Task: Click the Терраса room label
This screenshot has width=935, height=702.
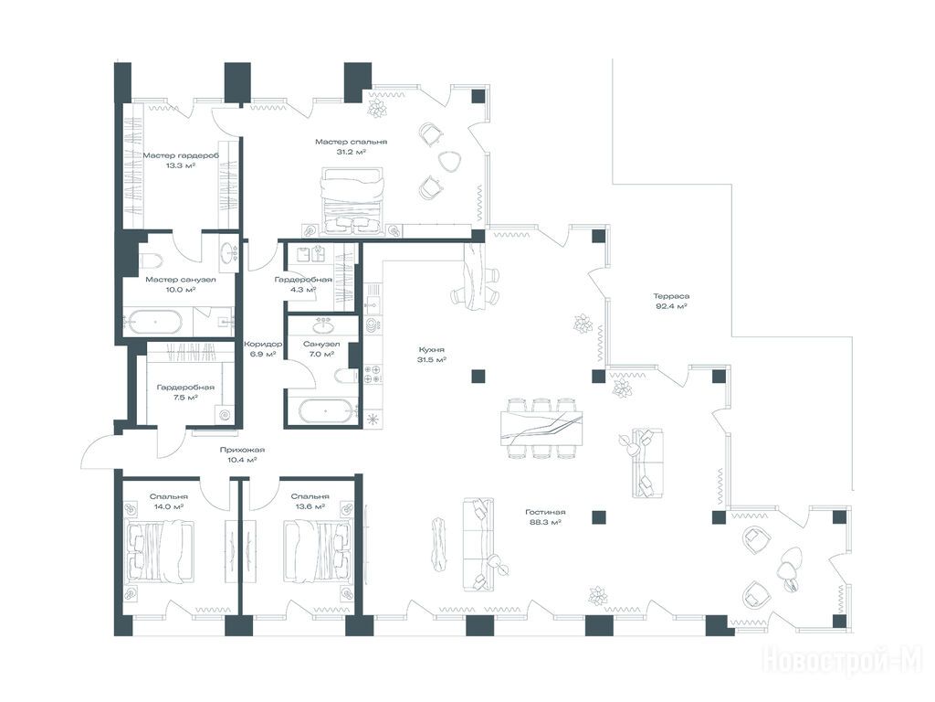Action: (x=671, y=296)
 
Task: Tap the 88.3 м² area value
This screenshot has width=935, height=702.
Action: (x=546, y=522)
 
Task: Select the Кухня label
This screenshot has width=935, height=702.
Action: (x=432, y=350)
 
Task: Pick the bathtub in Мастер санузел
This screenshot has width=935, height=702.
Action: (x=155, y=322)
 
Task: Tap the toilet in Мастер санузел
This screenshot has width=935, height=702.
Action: (x=152, y=261)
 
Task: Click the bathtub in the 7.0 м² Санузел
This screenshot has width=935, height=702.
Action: (x=325, y=411)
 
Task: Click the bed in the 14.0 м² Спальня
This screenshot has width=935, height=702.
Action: (x=160, y=549)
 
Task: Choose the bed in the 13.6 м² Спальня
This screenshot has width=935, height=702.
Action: (x=317, y=549)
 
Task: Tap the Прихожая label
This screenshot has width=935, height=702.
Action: (x=242, y=450)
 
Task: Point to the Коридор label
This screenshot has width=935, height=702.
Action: (x=262, y=345)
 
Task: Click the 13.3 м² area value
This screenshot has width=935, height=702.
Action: (x=181, y=166)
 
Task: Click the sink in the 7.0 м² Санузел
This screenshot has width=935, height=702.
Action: (x=324, y=327)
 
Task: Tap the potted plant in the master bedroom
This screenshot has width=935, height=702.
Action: (x=377, y=108)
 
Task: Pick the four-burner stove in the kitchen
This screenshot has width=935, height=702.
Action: (x=373, y=374)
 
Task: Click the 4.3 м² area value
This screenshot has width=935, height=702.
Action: (x=303, y=290)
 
